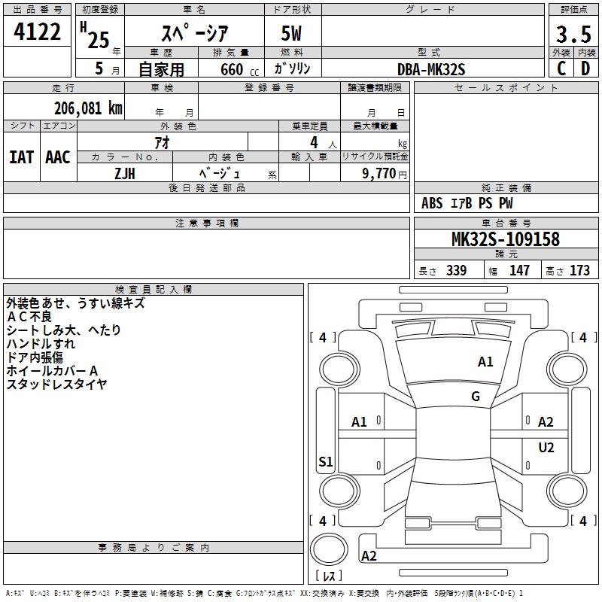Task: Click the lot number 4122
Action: (37, 32)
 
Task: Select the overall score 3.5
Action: (573, 35)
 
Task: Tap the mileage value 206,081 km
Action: (88, 108)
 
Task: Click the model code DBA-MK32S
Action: (431, 69)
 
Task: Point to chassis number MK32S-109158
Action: (506, 239)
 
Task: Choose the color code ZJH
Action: (125, 174)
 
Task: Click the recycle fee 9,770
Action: (379, 173)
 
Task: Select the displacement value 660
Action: (232, 69)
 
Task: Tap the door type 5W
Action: (291, 33)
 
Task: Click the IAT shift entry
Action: (21, 157)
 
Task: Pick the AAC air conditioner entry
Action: (58, 157)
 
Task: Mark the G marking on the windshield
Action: (476, 396)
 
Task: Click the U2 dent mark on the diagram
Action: (546, 447)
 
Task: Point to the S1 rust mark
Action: (326, 461)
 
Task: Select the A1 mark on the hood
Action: (485, 362)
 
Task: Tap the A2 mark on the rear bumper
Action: (369, 555)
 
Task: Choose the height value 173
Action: (579, 270)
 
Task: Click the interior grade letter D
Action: (585, 68)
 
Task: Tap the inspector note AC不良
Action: (29, 317)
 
